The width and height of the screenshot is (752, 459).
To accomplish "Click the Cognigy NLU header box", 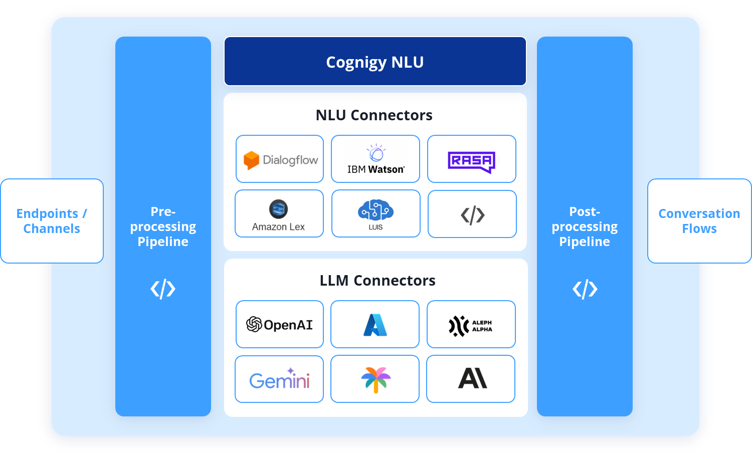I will coord(375,62).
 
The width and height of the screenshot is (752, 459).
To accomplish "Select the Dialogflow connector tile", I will coord(280,159).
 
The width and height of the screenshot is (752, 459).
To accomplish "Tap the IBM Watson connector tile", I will coord(375,159).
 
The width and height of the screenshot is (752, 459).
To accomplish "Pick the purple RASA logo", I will coord(471,161).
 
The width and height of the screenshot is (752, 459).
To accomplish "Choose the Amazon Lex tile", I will coord(279,214).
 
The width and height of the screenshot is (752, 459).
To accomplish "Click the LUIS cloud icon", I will coord(375,210).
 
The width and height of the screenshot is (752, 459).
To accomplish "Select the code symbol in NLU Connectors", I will coord(472,215).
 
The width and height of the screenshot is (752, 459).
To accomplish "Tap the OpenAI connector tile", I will coord(280,325).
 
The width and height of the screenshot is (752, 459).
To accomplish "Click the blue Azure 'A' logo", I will coord(375,325).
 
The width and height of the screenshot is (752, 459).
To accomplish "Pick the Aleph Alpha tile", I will coord(471,325).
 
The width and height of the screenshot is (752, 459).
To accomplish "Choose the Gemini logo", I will coord(279,380).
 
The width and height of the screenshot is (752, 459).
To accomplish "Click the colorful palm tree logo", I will coord(375,379).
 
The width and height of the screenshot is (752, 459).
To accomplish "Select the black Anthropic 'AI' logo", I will coord(472,378).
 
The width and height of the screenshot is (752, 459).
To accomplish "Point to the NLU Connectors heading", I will coord(374,115).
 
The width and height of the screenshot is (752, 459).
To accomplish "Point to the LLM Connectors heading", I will coord(378,281).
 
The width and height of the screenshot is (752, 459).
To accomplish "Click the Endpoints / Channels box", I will coord(52,221).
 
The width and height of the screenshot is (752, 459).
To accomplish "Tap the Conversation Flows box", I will coord(699,221).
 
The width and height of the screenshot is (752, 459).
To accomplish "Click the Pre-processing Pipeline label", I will coord(163,226).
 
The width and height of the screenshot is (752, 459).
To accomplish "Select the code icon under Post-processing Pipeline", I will coord(585,289).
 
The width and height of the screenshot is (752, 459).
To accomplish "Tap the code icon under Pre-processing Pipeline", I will coord(163,289).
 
